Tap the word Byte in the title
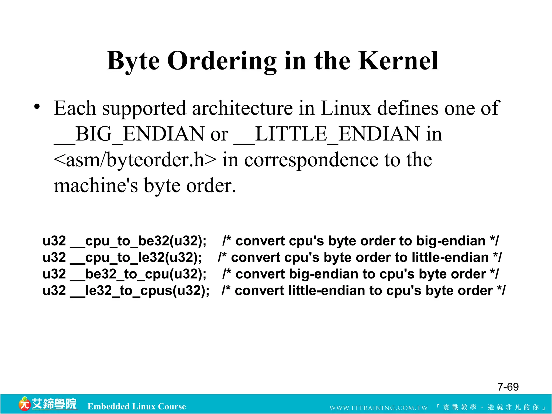point(133,61)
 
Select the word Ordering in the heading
point(222,61)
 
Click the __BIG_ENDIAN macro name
point(129,134)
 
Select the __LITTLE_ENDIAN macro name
point(326,134)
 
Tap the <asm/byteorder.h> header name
point(135,160)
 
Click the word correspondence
point(311,160)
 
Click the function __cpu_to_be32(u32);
point(138,241)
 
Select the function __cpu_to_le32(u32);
point(136,258)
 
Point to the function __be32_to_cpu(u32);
point(138,274)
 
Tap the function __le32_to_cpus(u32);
point(140,291)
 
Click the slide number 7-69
point(508,387)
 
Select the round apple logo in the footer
point(24,404)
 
